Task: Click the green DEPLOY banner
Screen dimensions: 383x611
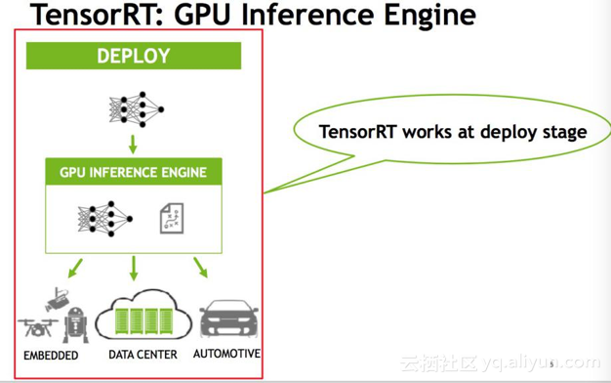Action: [134, 57]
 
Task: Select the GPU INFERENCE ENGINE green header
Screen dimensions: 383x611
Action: [134, 172]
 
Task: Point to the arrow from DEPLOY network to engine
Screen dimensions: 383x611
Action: [132, 144]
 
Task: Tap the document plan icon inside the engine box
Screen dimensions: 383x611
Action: [172, 218]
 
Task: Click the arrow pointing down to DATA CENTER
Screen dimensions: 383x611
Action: [134, 268]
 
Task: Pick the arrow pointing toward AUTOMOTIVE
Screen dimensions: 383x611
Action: [200, 266]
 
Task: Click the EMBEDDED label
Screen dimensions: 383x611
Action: [51, 355]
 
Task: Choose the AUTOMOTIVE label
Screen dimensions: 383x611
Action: [227, 353]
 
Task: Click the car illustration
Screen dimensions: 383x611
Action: [229, 319]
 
